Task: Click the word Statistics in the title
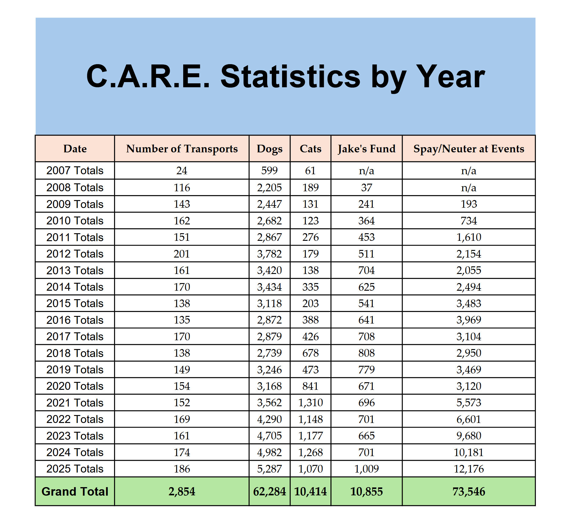point(290,77)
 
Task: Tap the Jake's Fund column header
point(366,149)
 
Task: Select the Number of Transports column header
point(182,149)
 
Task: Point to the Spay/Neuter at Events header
point(469,149)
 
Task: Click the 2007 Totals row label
point(75,171)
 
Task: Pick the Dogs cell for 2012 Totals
point(269,254)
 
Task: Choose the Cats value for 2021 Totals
point(310,403)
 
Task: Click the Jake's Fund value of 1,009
point(366,469)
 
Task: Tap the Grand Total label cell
point(75,491)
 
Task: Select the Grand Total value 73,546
point(469,491)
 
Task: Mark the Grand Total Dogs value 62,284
point(269,491)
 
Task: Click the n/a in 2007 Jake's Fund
point(366,171)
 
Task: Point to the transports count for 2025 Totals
point(182,469)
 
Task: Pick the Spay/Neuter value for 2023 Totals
point(469,436)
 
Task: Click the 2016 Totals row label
point(75,320)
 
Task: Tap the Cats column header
point(310,149)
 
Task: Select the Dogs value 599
point(269,171)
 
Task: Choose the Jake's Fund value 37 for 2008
point(366,188)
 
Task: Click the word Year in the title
point(450,77)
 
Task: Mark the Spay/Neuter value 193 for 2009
point(469,204)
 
